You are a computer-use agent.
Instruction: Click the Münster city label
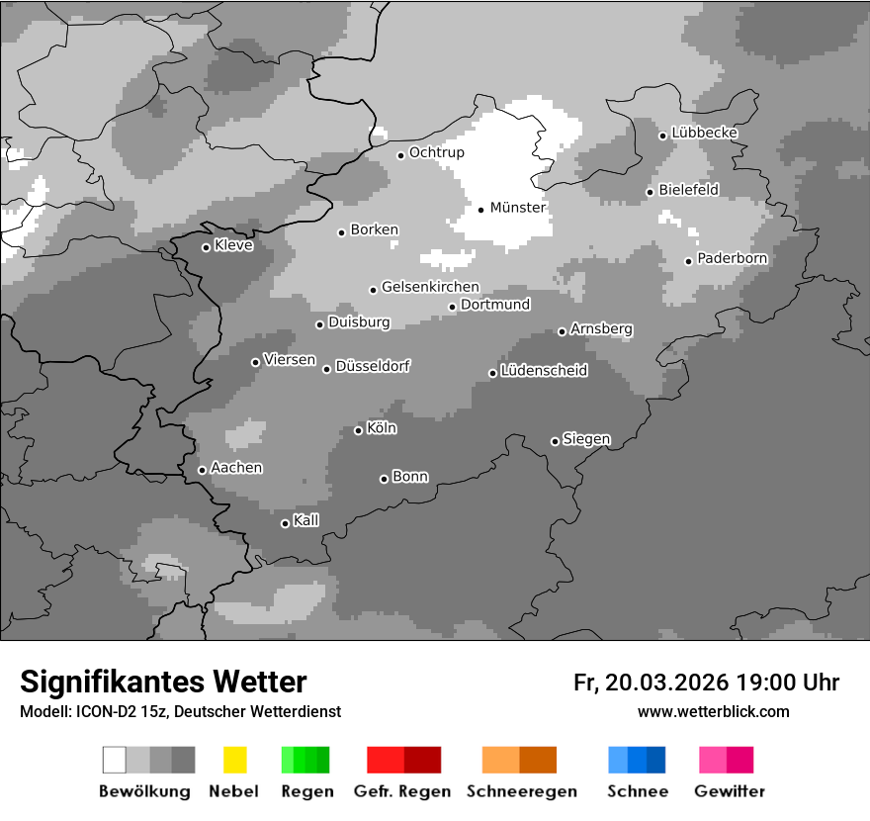click(x=517, y=208)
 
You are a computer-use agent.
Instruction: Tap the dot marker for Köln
click(x=358, y=430)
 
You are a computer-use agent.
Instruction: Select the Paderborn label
click(x=732, y=259)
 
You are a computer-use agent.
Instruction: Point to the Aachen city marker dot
click(x=202, y=470)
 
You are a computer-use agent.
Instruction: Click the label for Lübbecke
click(x=704, y=133)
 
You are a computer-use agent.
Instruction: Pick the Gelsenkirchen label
click(x=430, y=287)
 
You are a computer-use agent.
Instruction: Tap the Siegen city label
click(x=586, y=439)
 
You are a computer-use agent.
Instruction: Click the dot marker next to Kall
click(x=285, y=523)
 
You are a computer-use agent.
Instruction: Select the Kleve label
click(x=233, y=245)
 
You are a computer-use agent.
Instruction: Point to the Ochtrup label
click(x=436, y=152)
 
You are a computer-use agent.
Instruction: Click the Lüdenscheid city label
click(x=544, y=371)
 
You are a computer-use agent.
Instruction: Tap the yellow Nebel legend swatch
click(x=234, y=760)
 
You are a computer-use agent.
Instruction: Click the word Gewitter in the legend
click(x=729, y=791)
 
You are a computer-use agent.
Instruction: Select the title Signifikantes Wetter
click(x=163, y=682)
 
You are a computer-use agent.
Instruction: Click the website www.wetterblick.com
click(x=713, y=711)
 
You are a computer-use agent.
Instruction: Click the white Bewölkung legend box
click(x=114, y=760)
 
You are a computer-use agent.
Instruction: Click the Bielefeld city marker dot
click(x=650, y=192)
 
